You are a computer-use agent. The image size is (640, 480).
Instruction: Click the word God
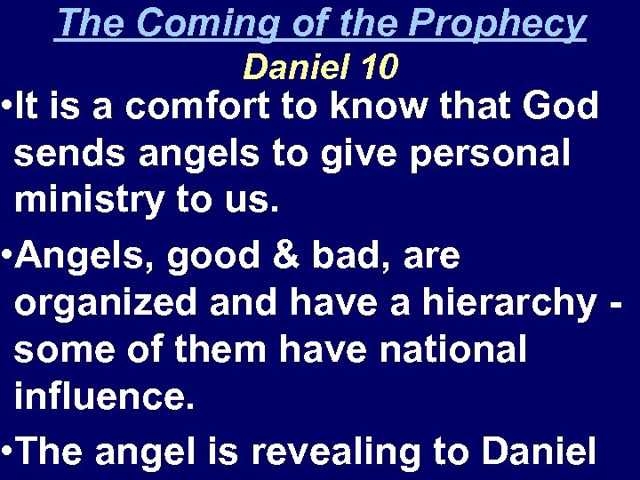tap(560, 107)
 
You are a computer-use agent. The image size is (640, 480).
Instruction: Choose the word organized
tap(106, 304)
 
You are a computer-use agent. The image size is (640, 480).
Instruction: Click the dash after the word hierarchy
tap(617, 304)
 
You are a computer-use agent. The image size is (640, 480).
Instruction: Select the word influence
tap(103, 397)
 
